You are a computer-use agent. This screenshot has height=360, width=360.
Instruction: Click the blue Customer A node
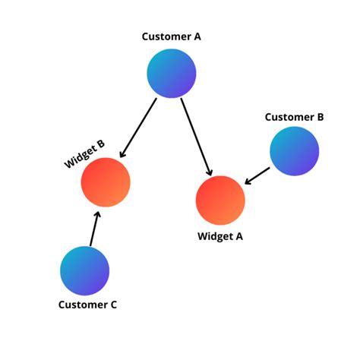click(172, 73)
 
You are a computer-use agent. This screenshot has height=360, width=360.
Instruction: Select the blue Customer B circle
click(295, 151)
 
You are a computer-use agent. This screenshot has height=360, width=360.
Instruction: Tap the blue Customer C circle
click(85, 270)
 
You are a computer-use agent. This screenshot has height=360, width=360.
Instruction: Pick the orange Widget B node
click(106, 182)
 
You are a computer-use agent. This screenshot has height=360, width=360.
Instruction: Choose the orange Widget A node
click(220, 200)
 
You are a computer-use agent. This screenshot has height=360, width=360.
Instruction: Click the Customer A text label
click(172, 36)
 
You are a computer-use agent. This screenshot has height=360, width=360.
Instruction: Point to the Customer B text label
click(294, 117)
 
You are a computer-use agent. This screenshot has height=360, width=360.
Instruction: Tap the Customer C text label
click(87, 305)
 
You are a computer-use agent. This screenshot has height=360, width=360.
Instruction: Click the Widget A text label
click(220, 236)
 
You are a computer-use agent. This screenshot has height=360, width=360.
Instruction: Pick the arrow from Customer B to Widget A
click(257, 175)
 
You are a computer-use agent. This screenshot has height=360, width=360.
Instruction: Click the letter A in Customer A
click(197, 36)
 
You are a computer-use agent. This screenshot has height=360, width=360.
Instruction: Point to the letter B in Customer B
click(320, 117)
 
